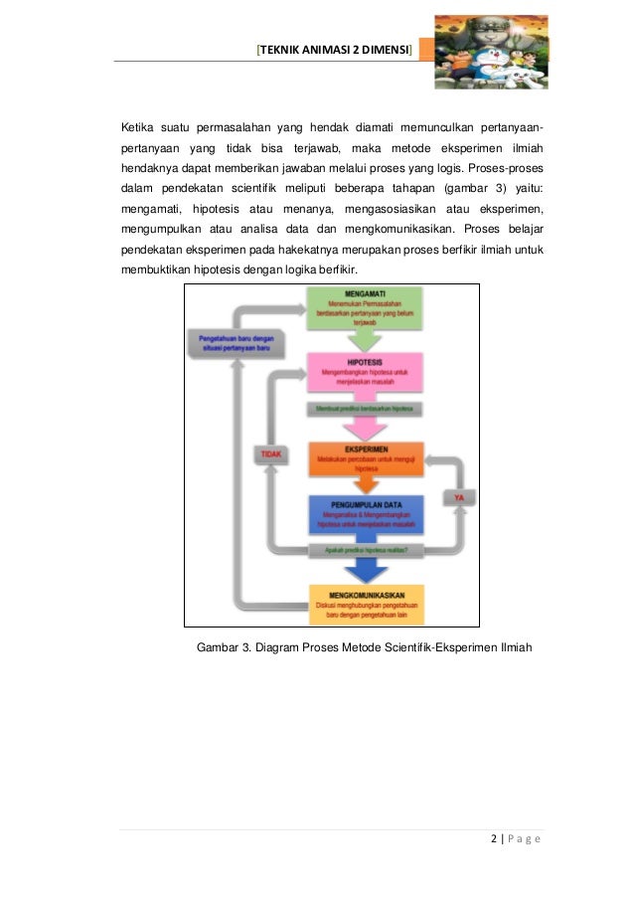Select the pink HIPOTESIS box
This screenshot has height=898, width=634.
click(366, 373)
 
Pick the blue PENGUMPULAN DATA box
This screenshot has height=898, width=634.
click(366, 517)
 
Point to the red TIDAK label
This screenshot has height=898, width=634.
click(271, 454)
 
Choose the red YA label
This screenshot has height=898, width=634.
click(459, 495)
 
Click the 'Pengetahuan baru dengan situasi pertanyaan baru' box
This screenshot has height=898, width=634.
click(236, 344)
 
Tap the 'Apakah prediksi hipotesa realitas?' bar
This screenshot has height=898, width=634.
click(365, 550)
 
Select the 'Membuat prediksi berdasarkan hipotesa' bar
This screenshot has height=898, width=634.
click(365, 408)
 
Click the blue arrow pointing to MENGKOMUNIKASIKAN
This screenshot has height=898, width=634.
click(365, 570)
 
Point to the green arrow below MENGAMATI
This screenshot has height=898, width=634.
click(365, 339)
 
